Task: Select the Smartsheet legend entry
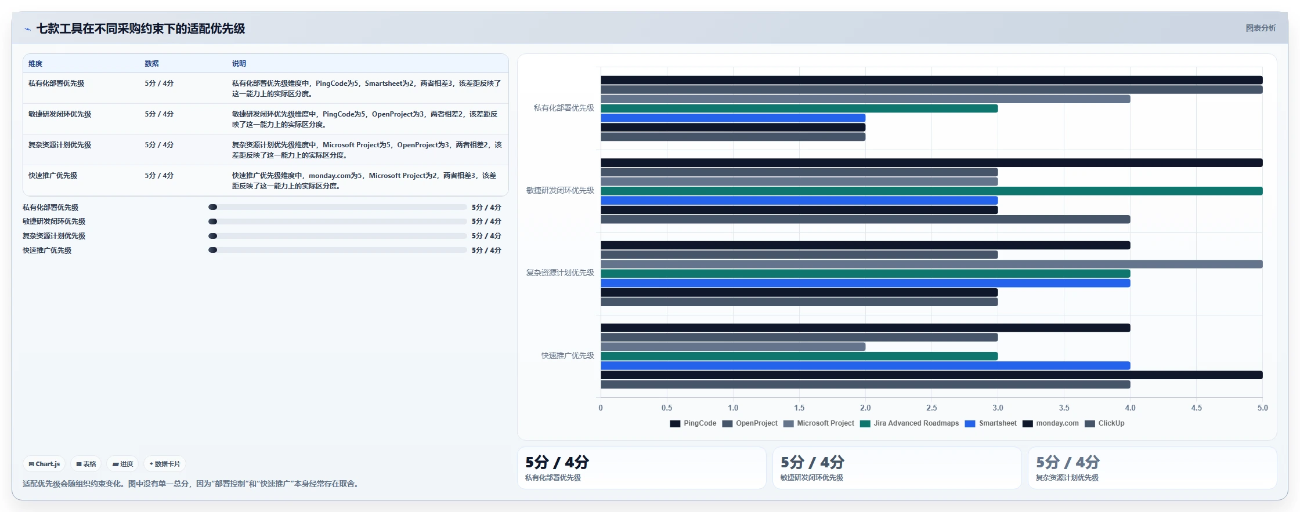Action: [x=991, y=423]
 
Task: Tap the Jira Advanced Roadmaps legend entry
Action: [x=909, y=423]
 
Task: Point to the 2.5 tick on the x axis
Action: [x=931, y=408]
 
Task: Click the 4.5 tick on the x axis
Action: [x=1196, y=408]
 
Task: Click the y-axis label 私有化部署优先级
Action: [x=564, y=108]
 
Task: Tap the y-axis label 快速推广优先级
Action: [x=568, y=355]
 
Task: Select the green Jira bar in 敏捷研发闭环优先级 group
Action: [x=931, y=191]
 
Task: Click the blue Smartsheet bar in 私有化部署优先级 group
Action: [x=733, y=118]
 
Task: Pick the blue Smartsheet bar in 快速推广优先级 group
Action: [x=865, y=365]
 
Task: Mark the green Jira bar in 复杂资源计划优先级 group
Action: [x=865, y=274]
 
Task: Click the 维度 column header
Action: [x=35, y=64]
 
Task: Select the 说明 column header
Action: [x=239, y=64]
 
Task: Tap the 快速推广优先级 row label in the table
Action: [x=53, y=176]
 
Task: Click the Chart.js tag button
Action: [x=44, y=464]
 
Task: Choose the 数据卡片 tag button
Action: [x=165, y=464]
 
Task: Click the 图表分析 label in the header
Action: [x=1261, y=28]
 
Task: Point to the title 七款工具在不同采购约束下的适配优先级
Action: [x=140, y=28]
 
